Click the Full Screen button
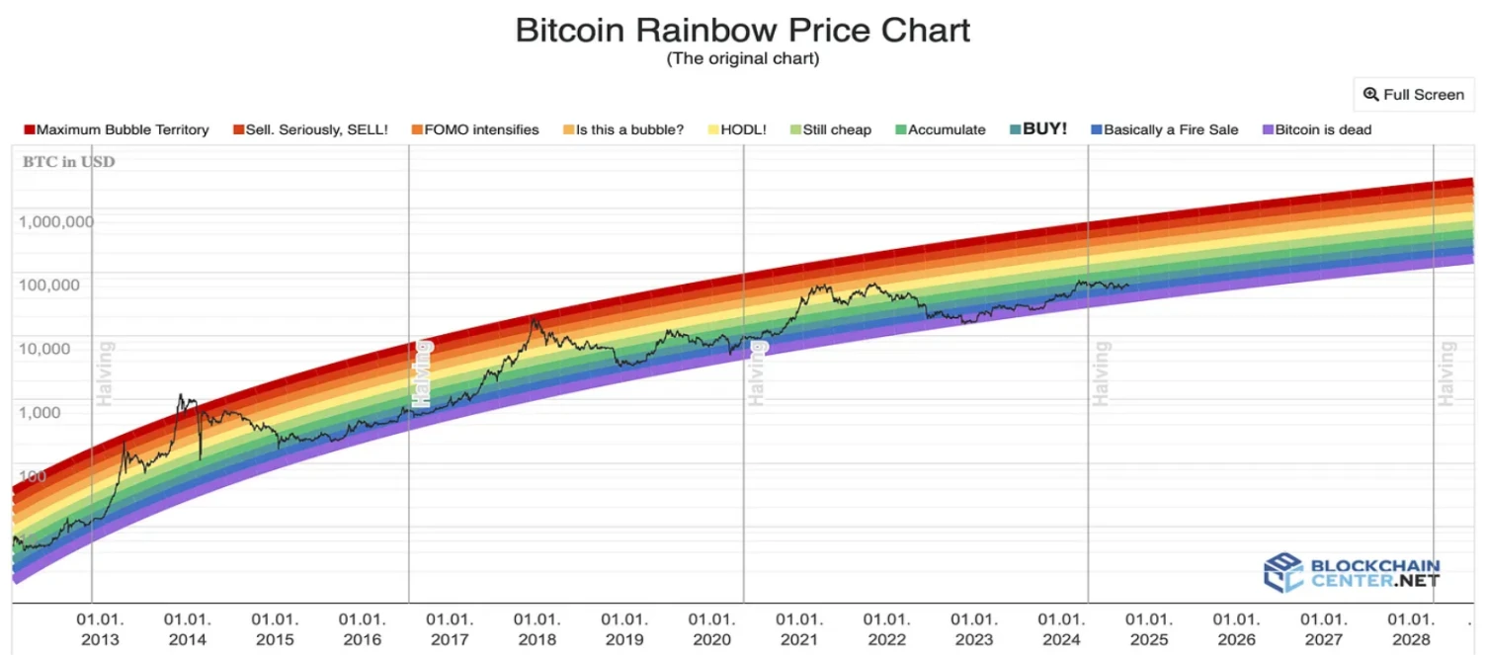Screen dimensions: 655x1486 (1413, 95)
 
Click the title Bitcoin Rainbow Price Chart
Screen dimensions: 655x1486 (743, 30)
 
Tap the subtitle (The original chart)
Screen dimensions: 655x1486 (743, 58)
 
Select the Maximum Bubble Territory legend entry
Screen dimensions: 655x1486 (117, 129)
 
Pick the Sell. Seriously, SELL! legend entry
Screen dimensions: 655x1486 (310, 129)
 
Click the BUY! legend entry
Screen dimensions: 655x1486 (1037, 129)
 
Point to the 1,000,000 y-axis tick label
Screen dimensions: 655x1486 (56, 221)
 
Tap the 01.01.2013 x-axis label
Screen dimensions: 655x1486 (101, 629)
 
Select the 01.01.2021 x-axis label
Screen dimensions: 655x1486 (798, 629)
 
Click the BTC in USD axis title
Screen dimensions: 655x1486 (68, 162)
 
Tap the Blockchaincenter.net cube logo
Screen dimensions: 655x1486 (1283, 573)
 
